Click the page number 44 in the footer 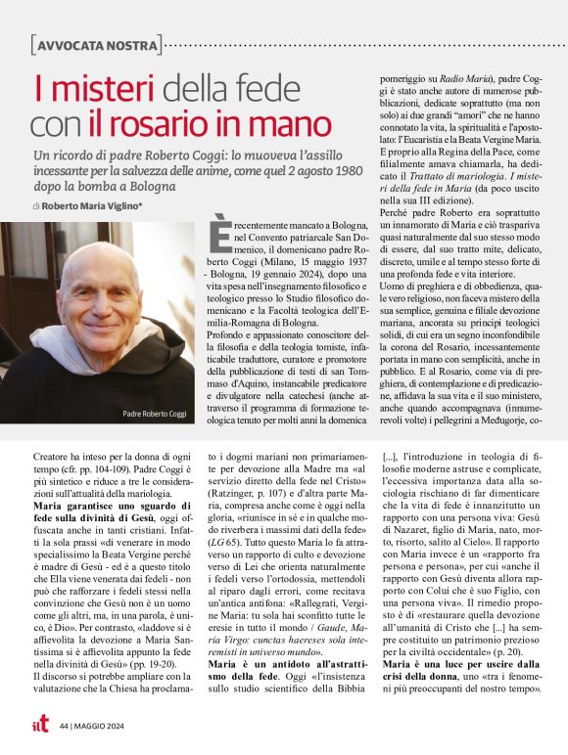[63, 726]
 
